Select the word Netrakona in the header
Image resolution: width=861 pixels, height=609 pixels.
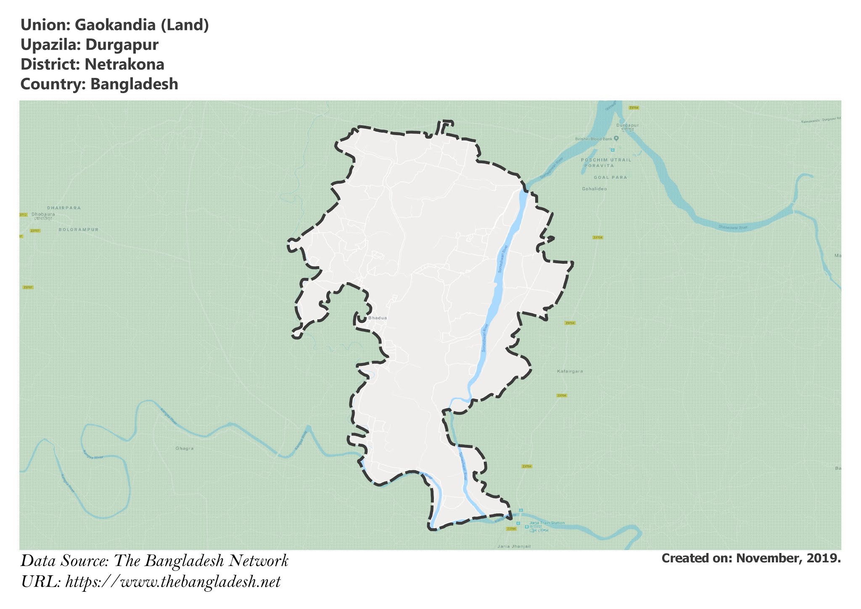point(124,64)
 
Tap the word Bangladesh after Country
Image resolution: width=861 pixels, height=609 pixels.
point(134,84)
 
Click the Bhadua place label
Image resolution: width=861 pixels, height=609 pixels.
point(377,318)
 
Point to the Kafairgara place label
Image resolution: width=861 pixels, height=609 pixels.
point(570,371)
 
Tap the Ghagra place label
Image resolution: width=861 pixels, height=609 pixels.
point(185,448)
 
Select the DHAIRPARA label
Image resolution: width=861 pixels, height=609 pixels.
point(64,208)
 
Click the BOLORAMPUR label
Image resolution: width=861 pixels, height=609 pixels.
point(79,230)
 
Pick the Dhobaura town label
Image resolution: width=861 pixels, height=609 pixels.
point(43,214)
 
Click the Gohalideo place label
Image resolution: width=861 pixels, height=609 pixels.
point(594,189)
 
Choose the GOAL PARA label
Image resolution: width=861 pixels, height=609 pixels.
point(610,177)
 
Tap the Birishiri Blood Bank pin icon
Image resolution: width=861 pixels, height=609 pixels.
point(616,138)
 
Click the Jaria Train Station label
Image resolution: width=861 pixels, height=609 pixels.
point(547,523)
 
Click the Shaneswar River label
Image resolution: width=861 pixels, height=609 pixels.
point(733,228)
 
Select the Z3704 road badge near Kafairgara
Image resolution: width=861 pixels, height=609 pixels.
point(562,396)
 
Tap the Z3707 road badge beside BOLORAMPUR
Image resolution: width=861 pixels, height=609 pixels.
point(35,231)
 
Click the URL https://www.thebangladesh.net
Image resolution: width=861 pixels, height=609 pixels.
point(173,582)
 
